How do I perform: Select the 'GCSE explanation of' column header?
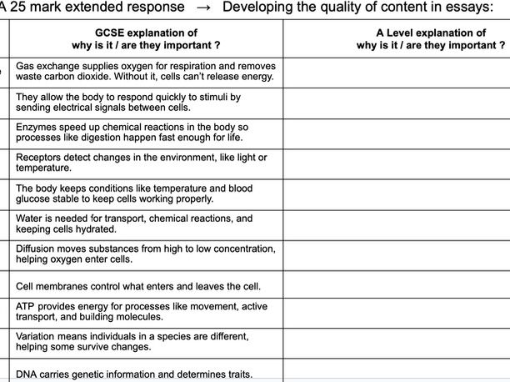click(x=146, y=32)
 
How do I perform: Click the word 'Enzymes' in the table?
click(x=37, y=128)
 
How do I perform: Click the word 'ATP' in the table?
click(x=26, y=306)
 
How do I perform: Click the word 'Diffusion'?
click(x=37, y=249)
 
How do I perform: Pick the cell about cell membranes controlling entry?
click(x=138, y=286)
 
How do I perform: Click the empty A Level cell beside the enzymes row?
click(x=396, y=133)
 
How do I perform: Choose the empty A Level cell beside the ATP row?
click(x=396, y=312)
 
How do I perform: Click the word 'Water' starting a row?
click(x=31, y=219)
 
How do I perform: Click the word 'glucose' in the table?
click(x=35, y=199)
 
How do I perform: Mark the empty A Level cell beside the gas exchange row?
click(x=396, y=72)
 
